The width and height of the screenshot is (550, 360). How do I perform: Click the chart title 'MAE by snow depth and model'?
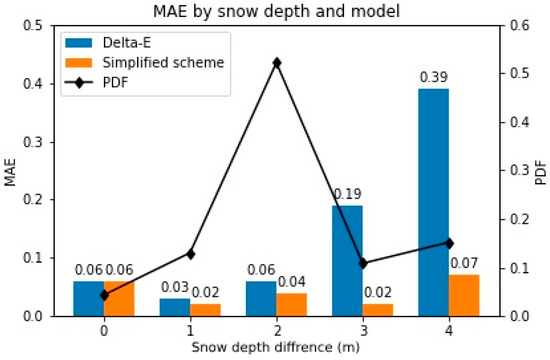click(276, 11)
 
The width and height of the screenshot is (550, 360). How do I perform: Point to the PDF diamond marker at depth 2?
click(277, 62)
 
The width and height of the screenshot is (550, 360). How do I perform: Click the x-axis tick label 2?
click(276, 330)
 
